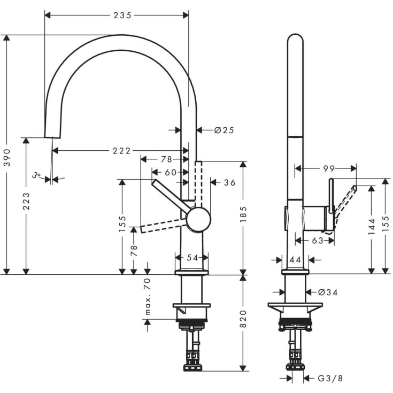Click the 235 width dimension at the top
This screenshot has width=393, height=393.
(122, 16)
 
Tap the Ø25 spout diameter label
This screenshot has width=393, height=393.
(225, 130)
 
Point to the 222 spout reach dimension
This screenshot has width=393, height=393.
(122, 151)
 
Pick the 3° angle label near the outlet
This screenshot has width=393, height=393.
(36, 175)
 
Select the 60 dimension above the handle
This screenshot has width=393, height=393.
(171, 172)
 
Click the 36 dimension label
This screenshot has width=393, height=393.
(229, 183)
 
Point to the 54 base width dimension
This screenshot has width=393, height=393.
(192, 258)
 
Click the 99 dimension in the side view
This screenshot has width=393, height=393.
(329, 168)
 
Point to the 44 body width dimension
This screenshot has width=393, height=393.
(295, 260)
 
